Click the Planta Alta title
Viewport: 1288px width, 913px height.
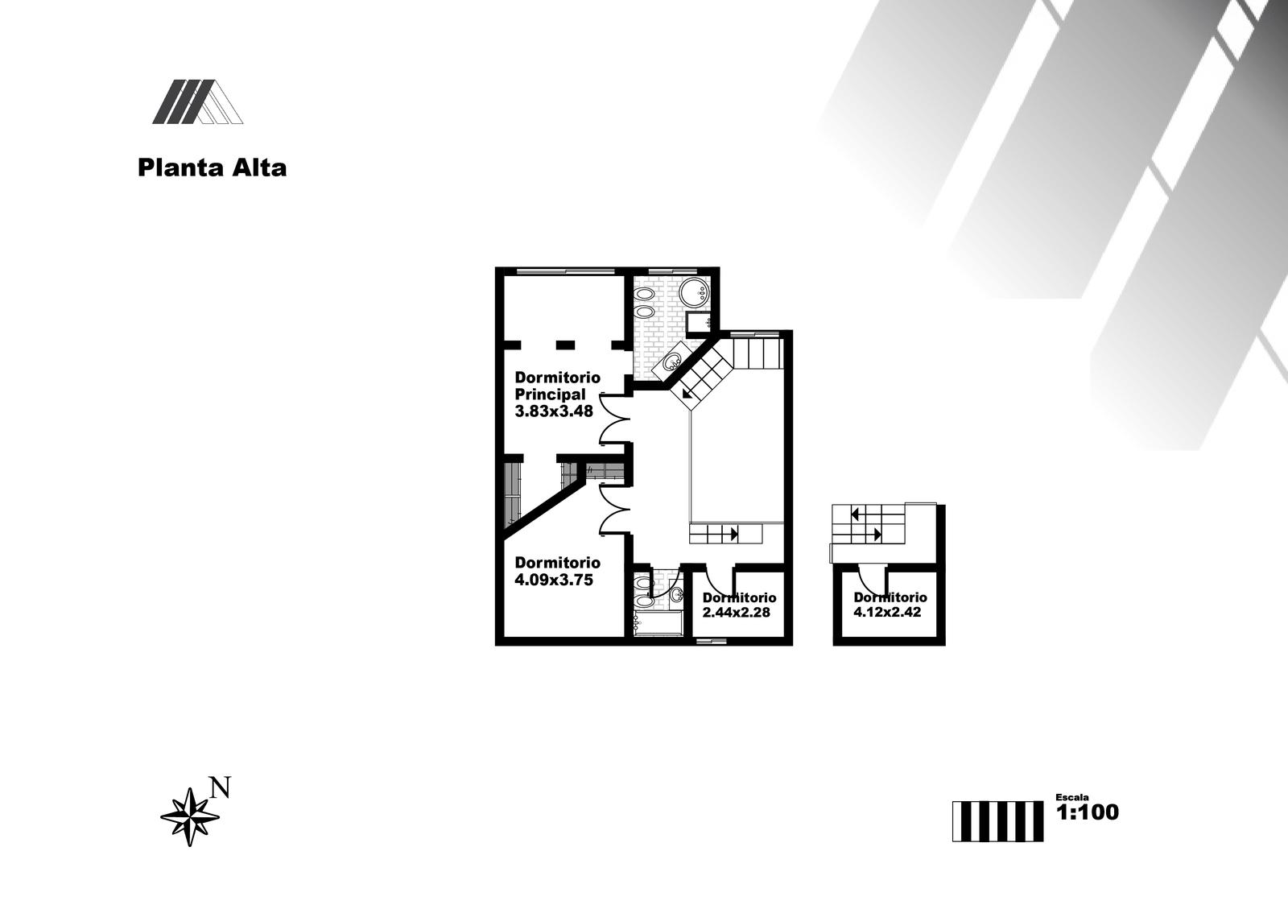[213, 168]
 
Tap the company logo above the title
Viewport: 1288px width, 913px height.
[198, 101]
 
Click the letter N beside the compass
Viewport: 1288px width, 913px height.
[221, 787]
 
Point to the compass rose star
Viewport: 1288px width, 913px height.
[189, 817]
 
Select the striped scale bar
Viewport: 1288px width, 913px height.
[997, 821]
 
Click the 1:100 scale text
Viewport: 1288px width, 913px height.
[1088, 812]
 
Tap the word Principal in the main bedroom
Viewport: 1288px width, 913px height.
[551, 395]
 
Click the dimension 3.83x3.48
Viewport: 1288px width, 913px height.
[554, 411]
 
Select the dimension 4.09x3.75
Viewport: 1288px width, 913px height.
[554, 580]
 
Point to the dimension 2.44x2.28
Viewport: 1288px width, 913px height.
[736, 612]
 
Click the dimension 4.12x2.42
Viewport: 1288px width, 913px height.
[887, 612]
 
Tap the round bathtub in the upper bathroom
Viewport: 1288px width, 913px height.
[695, 293]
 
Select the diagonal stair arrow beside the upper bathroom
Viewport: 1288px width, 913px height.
[686, 393]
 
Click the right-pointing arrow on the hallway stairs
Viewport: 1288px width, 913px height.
[734, 534]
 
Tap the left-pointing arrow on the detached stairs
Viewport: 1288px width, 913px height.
[855, 514]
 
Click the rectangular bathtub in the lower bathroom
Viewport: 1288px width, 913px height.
[658, 623]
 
